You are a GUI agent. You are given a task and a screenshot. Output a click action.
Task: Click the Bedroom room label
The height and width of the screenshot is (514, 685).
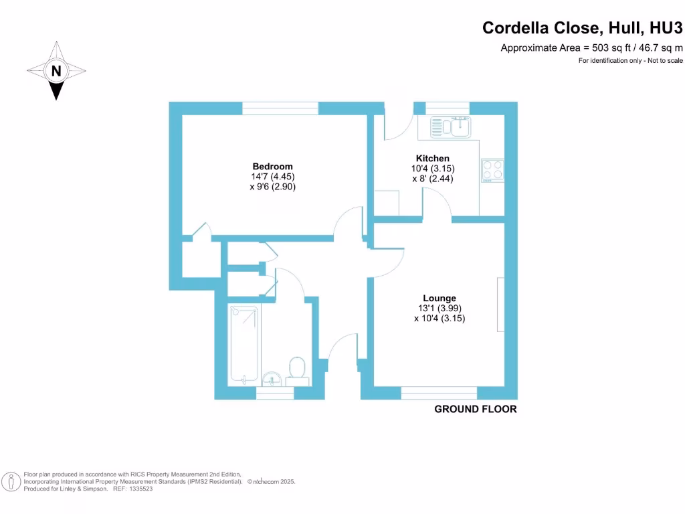pos(272,167)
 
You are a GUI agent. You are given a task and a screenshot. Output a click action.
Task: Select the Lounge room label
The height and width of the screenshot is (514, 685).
pos(439,298)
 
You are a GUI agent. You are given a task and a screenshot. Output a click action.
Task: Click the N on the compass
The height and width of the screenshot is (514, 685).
pos(56,71)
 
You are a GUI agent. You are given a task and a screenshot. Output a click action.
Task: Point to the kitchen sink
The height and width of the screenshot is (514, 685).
pos(452,126)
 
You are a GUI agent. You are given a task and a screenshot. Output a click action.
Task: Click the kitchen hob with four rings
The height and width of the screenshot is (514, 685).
pos(492,170)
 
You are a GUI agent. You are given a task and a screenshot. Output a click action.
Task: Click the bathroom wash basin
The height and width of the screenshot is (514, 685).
pos(272,379)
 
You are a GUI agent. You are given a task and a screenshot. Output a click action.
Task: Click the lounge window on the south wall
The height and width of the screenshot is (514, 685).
pos(439,393)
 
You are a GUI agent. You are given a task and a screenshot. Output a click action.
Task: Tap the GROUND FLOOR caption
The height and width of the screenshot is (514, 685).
pos(476,409)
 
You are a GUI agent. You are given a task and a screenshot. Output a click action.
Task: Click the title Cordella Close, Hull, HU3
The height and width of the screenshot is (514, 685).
pos(583,28)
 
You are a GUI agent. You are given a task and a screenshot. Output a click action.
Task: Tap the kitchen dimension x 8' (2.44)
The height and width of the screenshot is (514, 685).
pos(433,179)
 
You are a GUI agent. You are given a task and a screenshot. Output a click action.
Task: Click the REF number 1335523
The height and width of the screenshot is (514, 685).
pos(141,489)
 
